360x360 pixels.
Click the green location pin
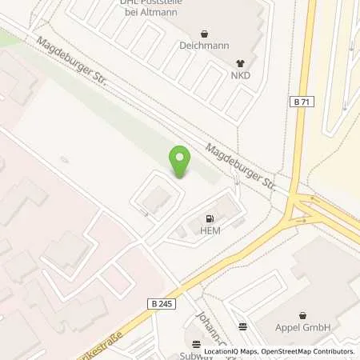180,162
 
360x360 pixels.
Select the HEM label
211,230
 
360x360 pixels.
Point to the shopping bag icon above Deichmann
203,34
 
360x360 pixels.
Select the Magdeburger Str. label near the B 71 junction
239,165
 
